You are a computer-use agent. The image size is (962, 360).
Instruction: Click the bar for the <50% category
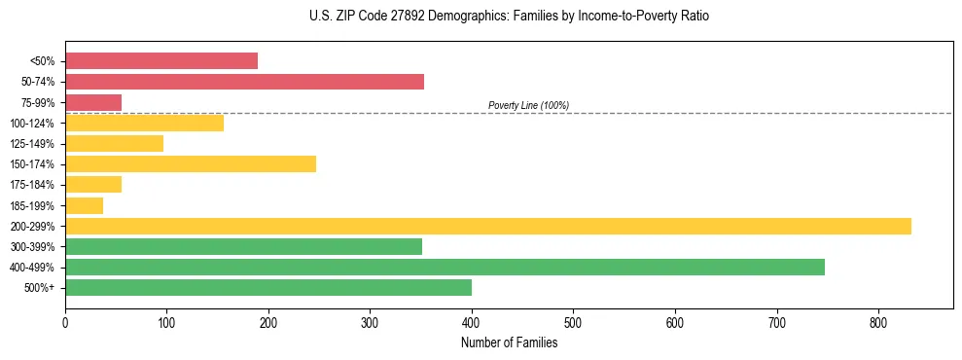coord(161,61)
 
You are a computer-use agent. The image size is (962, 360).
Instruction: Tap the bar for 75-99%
coord(93,102)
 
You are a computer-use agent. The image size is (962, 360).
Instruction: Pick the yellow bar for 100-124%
coord(144,123)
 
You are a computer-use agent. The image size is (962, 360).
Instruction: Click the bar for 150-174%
coord(191,163)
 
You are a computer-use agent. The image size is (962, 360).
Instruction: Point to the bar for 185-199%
coord(84,205)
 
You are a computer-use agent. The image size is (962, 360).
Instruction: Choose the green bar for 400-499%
coord(445,267)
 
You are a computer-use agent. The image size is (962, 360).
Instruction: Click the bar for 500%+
coord(268,287)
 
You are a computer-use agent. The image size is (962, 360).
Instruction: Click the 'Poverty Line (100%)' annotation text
coord(528,105)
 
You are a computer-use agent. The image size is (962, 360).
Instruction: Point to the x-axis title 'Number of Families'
coord(509,342)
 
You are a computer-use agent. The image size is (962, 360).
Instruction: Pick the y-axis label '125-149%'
coord(32,144)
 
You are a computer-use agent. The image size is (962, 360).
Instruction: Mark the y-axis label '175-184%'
coord(32,185)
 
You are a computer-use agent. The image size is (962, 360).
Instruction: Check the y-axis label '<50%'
coord(42,61)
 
